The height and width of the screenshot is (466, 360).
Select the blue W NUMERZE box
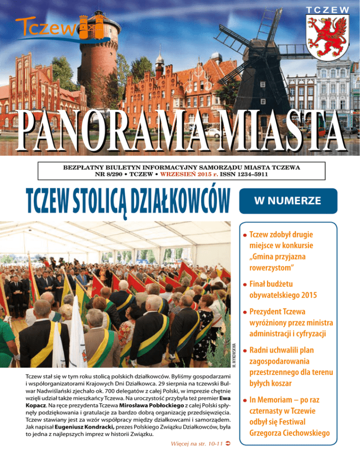pyautogui.click(x=288, y=201)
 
